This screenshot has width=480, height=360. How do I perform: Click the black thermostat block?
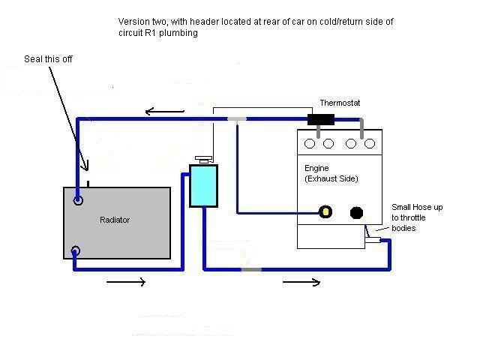coord(322,119)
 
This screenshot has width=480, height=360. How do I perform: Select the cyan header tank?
coord(203,185)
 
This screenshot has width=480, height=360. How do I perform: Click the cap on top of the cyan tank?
coord(203,159)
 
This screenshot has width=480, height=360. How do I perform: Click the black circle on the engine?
coord(357,212)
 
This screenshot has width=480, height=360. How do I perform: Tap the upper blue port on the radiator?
coord(78,201)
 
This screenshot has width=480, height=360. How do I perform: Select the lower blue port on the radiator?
coord(76,250)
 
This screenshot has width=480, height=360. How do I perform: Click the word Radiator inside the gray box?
coord(115,220)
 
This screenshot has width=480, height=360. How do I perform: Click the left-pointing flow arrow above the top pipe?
coord(160,112)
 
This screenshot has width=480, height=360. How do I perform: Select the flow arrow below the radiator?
coord(124,282)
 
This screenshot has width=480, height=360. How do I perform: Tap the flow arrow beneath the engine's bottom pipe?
coord(301,282)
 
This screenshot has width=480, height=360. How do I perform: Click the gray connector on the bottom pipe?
coord(250,268)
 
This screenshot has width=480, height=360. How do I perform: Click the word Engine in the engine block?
coord(307,169)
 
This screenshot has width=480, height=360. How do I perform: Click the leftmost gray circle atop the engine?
coord(309,144)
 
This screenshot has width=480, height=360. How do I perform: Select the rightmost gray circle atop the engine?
coord(369,144)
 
